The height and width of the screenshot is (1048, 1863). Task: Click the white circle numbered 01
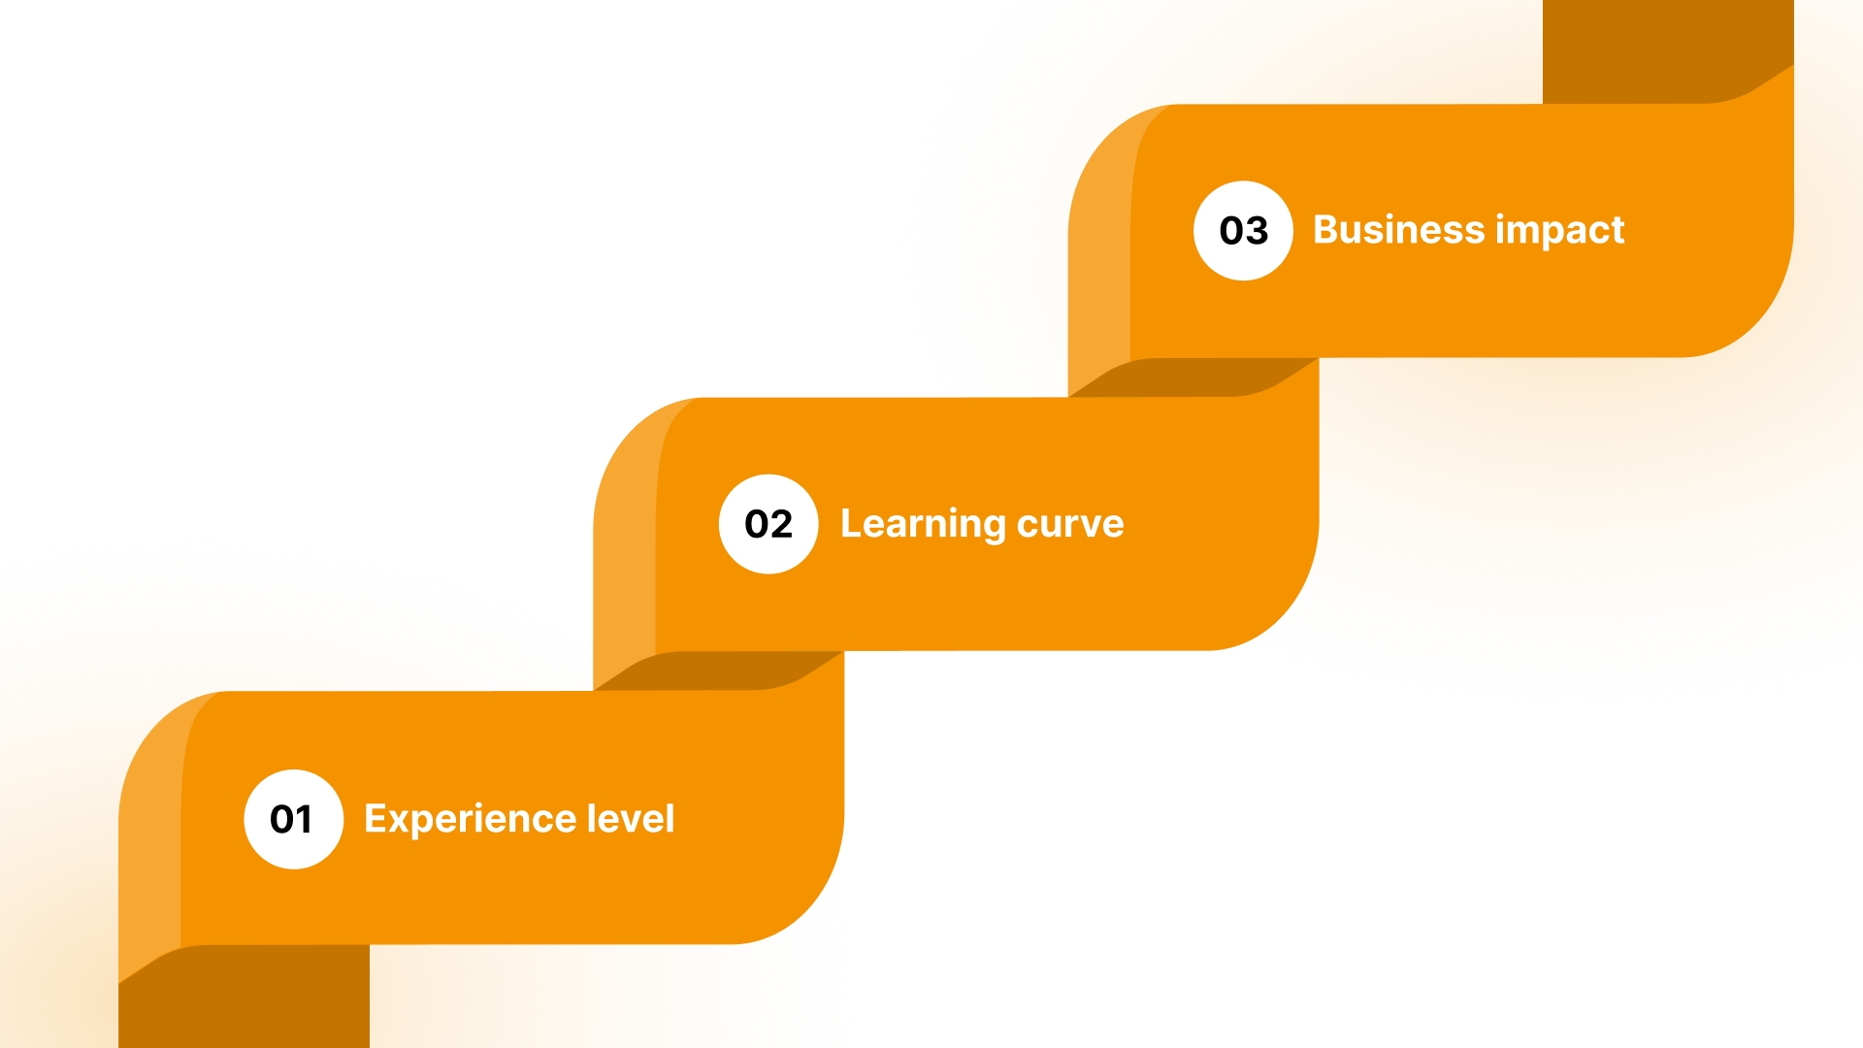tap(293, 819)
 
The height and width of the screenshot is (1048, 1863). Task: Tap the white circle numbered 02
tap(768, 524)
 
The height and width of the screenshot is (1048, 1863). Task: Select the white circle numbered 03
tap(1243, 231)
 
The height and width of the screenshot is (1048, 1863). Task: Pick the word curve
tap(1070, 524)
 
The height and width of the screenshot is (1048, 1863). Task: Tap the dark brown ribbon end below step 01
tap(244, 999)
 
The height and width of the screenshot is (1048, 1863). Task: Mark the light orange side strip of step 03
tap(1099, 262)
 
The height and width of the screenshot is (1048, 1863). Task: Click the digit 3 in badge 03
tap(1257, 231)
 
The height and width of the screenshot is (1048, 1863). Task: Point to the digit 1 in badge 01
tap(304, 819)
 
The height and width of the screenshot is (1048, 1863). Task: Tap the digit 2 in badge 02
tap(781, 524)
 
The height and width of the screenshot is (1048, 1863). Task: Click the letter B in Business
tap(1326, 230)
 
